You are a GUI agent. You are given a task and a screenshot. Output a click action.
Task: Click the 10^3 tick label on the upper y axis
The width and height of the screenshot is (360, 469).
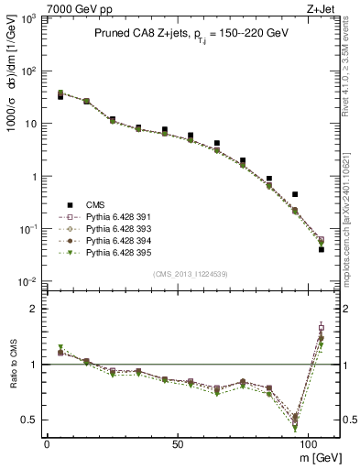click(x=28, y=18)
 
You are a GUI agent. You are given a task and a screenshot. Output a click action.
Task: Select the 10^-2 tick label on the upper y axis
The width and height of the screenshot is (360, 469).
click(x=28, y=281)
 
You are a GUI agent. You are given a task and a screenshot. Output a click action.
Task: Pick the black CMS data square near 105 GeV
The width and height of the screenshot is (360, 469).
click(x=322, y=248)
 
